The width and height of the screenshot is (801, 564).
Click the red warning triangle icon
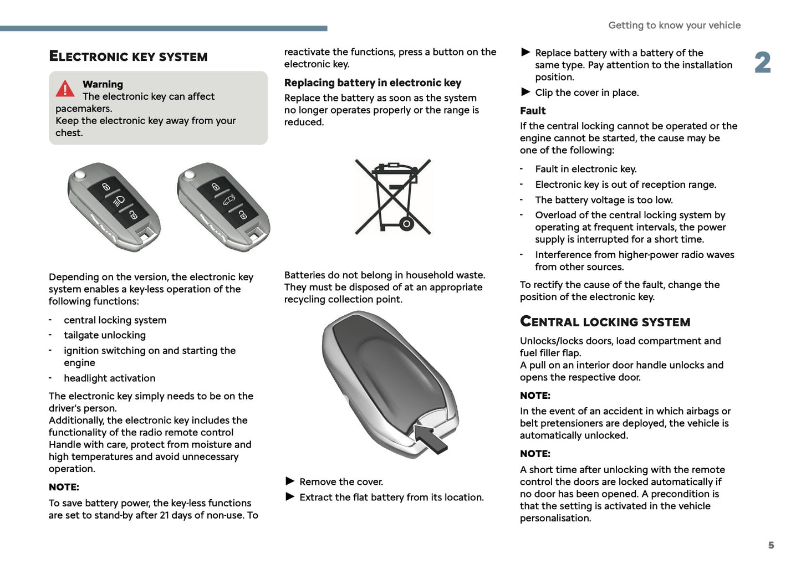(65, 89)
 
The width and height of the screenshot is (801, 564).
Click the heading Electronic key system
(128, 57)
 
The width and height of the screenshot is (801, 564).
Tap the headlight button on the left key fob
(120, 201)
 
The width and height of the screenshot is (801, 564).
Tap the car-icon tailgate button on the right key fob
(229, 200)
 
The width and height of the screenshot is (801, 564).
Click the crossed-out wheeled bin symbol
(393, 197)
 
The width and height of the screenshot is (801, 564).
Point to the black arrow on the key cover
(431, 438)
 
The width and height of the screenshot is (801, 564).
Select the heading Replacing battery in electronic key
(373, 83)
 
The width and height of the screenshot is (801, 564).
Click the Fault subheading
(533, 111)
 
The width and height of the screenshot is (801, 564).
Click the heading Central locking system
(605, 322)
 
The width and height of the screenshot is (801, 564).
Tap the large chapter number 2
(763, 63)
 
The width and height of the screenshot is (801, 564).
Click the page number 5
(771, 545)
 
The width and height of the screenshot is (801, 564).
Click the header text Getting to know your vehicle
(674, 25)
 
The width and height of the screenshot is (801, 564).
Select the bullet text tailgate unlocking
(105, 335)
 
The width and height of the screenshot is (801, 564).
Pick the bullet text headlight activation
(109, 378)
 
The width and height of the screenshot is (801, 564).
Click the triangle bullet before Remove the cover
(290, 481)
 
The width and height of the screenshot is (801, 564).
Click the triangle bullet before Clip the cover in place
(526, 92)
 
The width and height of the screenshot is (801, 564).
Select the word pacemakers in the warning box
(84, 109)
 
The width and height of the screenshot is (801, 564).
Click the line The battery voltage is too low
(604, 200)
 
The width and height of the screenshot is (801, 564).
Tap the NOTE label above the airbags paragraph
(535, 396)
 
